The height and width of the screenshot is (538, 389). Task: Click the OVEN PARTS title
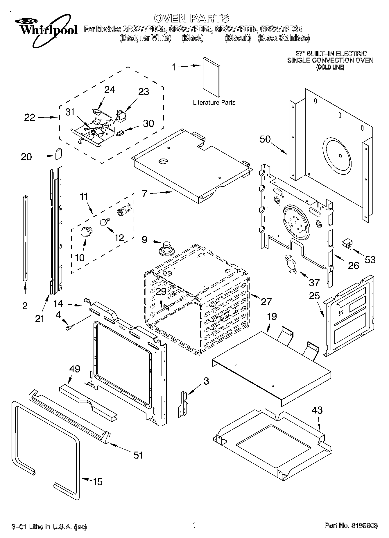tap(191, 18)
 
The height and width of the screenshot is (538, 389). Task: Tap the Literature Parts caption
tap(214, 103)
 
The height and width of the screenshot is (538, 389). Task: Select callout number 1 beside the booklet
tap(173, 67)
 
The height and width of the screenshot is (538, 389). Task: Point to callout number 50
tap(265, 139)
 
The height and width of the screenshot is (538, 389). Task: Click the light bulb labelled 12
tap(104, 222)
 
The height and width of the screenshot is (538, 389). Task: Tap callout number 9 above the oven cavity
tap(145, 240)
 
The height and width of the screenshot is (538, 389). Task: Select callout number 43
tap(317, 410)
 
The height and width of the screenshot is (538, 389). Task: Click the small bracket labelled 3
tap(183, 404)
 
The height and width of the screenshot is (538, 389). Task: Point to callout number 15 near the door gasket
tap(98, 482)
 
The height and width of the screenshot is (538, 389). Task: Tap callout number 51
tap(138, 455)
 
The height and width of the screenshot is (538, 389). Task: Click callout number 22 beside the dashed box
tap(29, 118)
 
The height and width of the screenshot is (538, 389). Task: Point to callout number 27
tap(266, 302)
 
